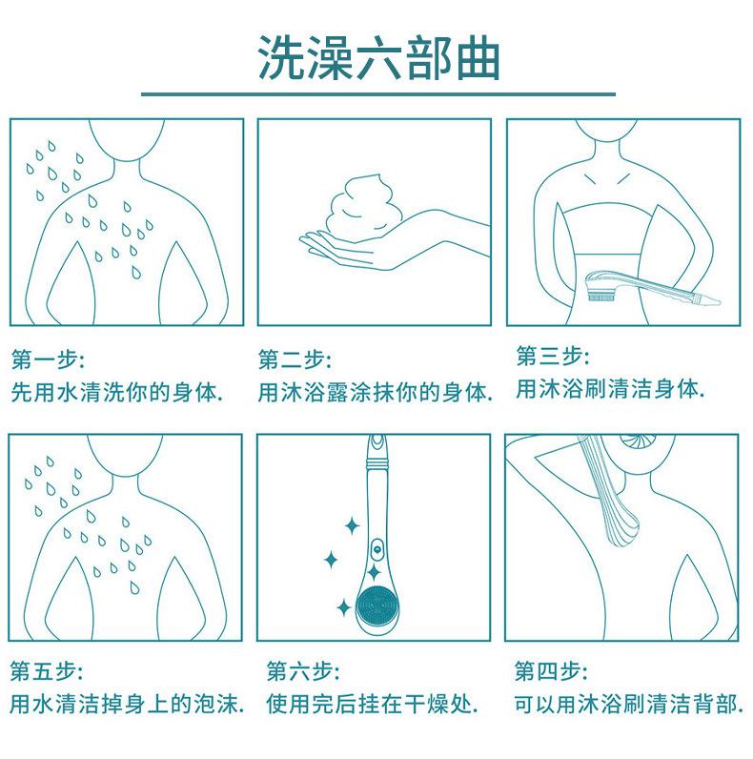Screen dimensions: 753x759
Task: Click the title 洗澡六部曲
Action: point(378,57)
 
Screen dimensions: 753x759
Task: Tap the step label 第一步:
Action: point(48,359)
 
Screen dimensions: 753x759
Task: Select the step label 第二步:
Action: point(295,359)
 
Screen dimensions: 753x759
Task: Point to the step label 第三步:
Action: point(553,357)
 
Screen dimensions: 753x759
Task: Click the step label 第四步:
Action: point(551,671)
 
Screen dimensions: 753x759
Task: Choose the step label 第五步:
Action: point(47,671)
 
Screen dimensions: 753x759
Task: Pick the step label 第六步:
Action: point(303,671)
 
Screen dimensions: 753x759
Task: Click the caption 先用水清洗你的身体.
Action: point(116,392)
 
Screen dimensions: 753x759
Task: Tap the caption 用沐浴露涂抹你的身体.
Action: point(375,392)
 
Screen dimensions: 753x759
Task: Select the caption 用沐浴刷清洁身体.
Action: point(610,389)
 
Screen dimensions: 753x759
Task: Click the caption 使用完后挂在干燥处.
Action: point(372,705)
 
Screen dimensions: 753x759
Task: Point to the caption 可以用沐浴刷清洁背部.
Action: point(629,705)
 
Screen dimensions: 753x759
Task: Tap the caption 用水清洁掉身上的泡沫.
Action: point(127,705)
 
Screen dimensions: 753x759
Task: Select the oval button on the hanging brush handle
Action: point(377,549)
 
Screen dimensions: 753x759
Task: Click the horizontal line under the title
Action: point(378,93)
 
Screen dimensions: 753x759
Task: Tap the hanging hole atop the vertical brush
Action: point(376,441)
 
